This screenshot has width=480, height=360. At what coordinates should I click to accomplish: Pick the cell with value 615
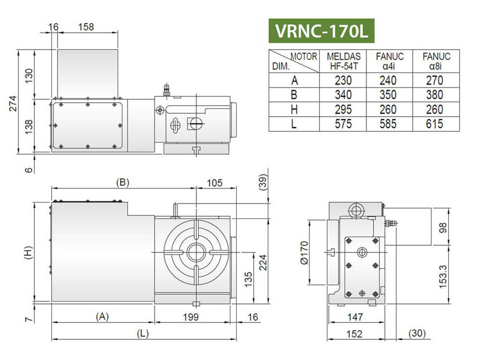tap(435, 124)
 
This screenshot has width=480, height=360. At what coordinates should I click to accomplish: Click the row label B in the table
tap(294, 95)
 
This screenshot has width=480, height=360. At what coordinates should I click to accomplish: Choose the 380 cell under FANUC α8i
tap(435, 95)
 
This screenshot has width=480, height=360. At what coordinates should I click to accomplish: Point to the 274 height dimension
tap(13, 103)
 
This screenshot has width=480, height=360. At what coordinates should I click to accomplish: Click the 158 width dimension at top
tap(86, 27)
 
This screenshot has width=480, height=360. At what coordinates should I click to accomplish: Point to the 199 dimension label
tap(191, 317)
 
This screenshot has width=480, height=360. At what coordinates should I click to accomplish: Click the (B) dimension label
tap(123, 182)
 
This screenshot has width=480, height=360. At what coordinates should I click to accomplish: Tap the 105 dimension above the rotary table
tap(213, 182)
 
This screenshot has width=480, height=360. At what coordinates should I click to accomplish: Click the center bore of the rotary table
tap(195, 252)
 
